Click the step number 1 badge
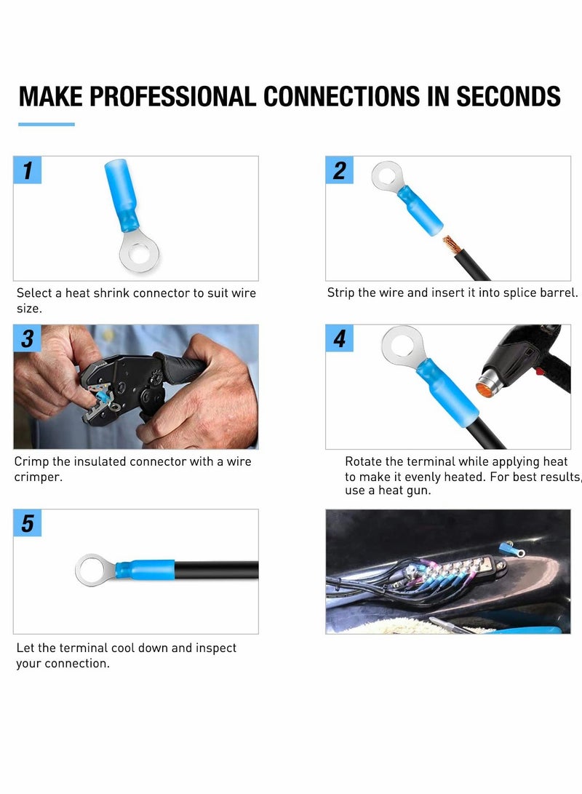pos(28,170)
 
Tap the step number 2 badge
pos(340,170)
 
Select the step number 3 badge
pos(28,338)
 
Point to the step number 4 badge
pos(340,338)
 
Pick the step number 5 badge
pos(28,523)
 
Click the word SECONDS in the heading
pos(509,97)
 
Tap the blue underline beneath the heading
pos(47,124)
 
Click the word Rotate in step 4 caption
pos(365,461)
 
